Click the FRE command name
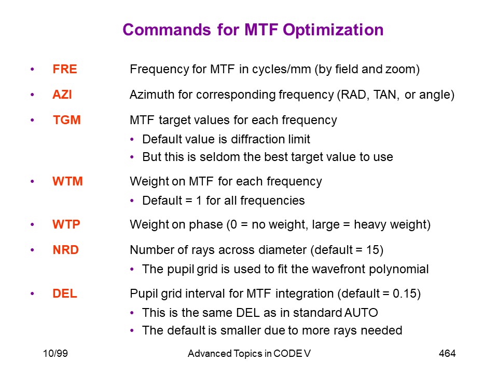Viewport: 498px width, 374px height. pyautogui.click(x=65, y=70)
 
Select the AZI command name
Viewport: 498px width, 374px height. pyautogui.click(x=62, y=95)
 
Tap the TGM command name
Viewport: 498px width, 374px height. pyautogui.click(x=67, y=120)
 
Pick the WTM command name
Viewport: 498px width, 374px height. pyautogui.click(x=67, y=181)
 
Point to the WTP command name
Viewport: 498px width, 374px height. pyautogui.click(x=66, y=224)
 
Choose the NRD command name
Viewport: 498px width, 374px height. pyautogui.click(x=66, y=250)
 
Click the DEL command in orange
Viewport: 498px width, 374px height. pyautogui.click(x=65, y=293)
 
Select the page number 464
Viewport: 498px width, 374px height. pyautogui.click(x=447, y=354)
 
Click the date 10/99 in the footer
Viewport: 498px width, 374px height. pyautogui.click(x=56, y=354)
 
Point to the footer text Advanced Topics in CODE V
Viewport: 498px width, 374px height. pyautogui.click(x=249, y=354)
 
